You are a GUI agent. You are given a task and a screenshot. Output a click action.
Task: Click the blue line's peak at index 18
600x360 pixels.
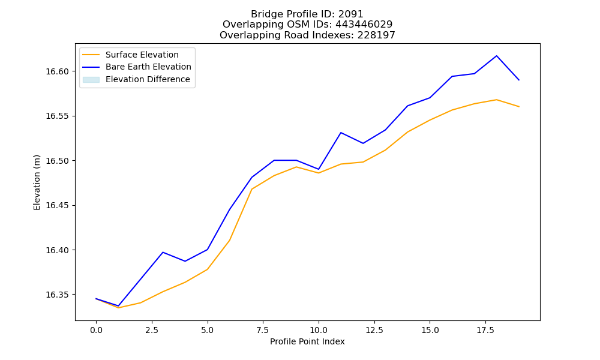497,56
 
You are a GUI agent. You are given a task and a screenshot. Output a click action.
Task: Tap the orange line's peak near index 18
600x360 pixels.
497,100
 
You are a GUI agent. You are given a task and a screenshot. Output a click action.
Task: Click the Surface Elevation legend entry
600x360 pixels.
130,55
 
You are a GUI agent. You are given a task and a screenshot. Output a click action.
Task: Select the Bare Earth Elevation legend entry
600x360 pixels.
137,67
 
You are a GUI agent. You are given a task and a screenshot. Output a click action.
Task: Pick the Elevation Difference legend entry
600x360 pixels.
136,79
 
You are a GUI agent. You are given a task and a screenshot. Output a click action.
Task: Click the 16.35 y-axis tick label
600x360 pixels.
57,295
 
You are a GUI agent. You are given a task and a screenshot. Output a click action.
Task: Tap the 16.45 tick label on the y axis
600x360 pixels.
57,205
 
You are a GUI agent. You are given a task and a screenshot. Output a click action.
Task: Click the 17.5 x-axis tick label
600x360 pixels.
485,330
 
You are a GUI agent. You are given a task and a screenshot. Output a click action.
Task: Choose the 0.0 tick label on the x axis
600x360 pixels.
96,330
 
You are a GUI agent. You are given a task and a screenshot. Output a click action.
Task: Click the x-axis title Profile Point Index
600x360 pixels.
307,341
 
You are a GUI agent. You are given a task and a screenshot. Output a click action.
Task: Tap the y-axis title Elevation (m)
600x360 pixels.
37,182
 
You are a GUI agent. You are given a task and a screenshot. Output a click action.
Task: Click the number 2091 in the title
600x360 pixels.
350,14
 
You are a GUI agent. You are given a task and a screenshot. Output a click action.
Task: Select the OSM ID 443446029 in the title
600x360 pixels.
364,25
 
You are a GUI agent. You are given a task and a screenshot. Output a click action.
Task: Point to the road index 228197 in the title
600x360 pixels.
376,35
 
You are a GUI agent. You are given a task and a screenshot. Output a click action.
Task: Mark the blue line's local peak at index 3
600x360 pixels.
163,252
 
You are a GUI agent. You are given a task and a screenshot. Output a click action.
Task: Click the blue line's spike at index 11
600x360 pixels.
341,133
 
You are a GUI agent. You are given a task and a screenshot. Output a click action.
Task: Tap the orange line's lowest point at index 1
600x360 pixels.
118,308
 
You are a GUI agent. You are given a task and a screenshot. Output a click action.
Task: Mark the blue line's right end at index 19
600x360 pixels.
519,80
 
